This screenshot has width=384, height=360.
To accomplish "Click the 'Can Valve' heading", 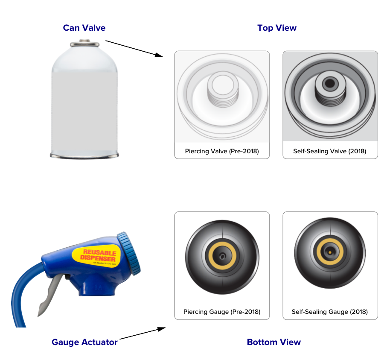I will point(84,28).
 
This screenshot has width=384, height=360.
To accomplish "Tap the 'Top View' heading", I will point(277,28).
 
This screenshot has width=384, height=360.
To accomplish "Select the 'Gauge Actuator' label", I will point(84,342).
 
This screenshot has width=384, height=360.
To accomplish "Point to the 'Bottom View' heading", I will point(273,342).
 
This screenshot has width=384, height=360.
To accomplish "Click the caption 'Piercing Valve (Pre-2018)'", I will point(222,151).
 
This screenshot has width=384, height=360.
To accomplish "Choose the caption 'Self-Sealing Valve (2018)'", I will point(330,151).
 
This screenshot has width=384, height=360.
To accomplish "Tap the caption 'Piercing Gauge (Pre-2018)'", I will point(222,312).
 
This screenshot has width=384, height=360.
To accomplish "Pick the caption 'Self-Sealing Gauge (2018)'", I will point(330,312).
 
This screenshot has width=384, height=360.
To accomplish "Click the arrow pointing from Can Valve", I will point(134,48).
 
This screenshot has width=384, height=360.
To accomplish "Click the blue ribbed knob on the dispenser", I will point(130,252).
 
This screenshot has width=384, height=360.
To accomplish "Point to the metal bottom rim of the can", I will point(84,155).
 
